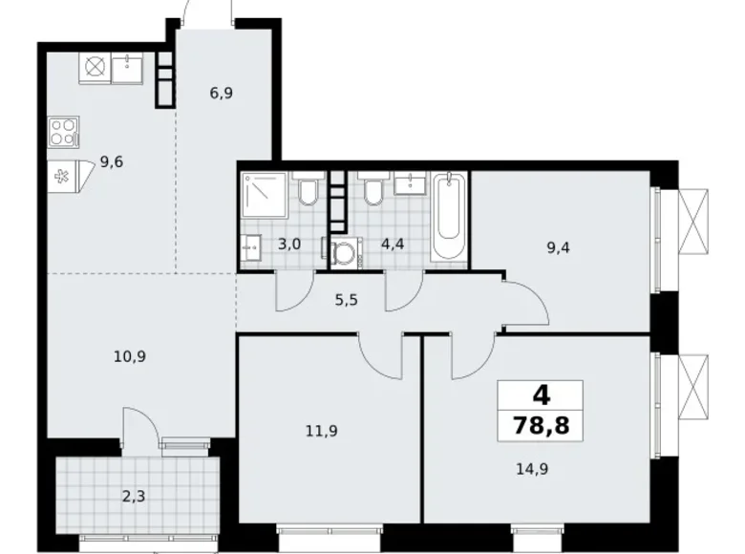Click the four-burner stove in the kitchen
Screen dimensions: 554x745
click(x=64, y=131)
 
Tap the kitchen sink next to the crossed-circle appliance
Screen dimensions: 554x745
click(x=127, y=67)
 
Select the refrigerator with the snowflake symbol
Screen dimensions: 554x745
click(x=64, y=176)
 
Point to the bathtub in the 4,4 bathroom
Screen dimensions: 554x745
click(x=448, y=217)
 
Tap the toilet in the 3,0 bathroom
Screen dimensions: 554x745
click(x=308, y=193)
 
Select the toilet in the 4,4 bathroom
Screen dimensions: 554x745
click(x=372, y=193)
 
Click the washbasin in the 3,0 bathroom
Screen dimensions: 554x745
click(x=252, y=246)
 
